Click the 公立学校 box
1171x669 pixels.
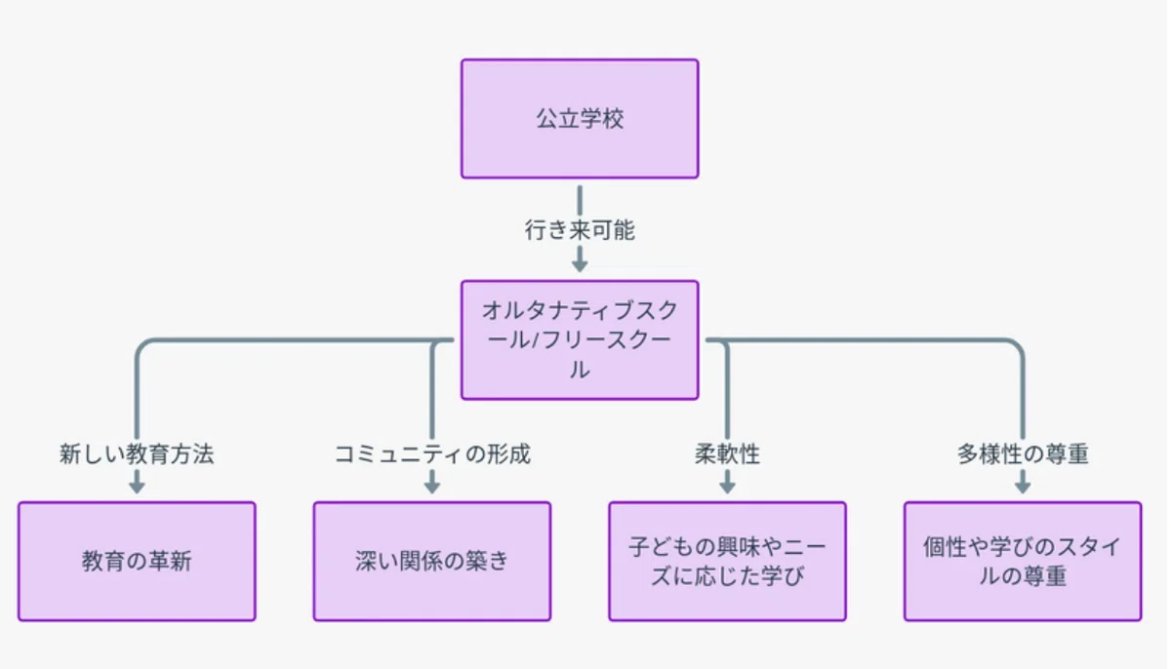coord(580,119)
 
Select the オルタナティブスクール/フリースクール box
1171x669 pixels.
coord(580,340)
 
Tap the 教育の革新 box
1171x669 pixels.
coord(137,562)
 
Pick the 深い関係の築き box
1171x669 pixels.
coord(432,562)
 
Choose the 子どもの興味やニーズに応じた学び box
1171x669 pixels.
coord(728,562)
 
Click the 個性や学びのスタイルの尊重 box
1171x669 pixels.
coord(1023,562)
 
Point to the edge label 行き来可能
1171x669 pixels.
coord(580,230)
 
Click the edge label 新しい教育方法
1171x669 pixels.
coord(137,453)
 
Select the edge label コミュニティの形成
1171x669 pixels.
coord(432,453)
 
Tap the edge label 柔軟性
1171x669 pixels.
coord(728,453)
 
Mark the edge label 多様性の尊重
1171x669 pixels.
coord(1023,453)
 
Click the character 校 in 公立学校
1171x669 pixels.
coord(613,119)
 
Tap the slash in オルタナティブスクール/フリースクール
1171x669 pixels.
coord(535,340)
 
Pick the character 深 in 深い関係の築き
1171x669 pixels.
coord(366,562)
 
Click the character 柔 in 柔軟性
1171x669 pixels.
coord(706,453)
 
